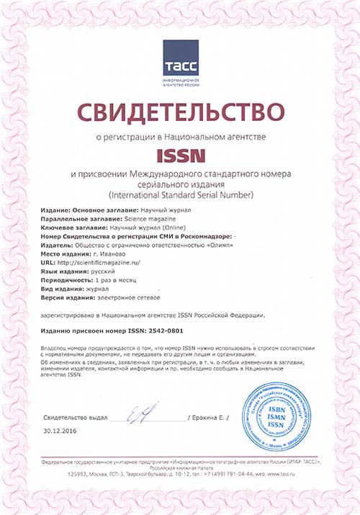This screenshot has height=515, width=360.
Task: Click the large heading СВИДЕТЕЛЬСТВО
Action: pos(180,112)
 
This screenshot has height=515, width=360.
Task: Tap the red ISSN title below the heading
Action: pos(181,154)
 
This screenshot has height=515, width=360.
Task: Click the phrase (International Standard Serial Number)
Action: pos(180,195)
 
